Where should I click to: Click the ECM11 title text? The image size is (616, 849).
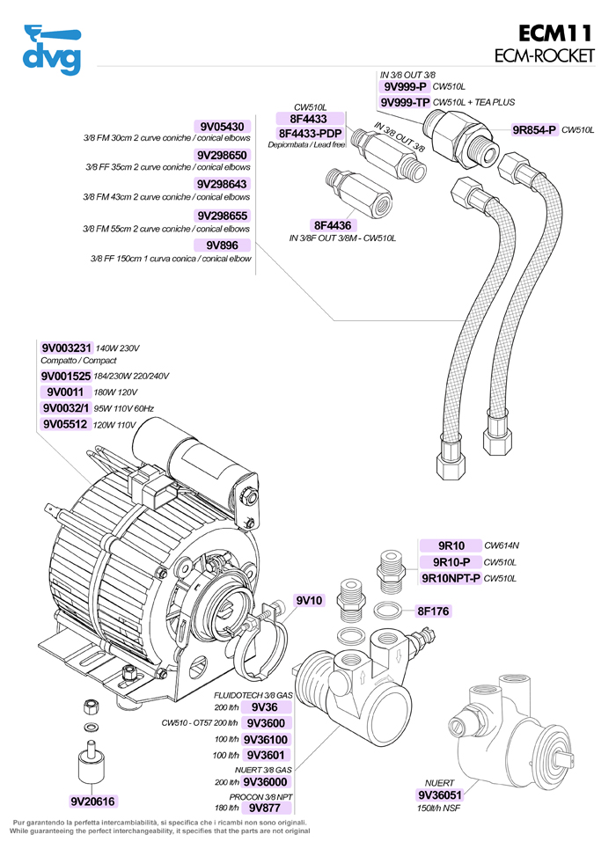558,33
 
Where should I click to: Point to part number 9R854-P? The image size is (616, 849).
535,130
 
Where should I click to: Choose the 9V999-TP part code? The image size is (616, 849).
405,102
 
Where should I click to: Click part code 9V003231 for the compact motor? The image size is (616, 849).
66,348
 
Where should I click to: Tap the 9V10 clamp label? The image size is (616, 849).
310,601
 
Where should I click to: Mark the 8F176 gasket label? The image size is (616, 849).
433,611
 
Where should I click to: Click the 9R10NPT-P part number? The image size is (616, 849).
451,578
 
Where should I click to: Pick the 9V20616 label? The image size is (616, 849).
93,801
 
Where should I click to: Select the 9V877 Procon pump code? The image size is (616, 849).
264,807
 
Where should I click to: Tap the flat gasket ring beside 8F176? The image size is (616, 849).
389,611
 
